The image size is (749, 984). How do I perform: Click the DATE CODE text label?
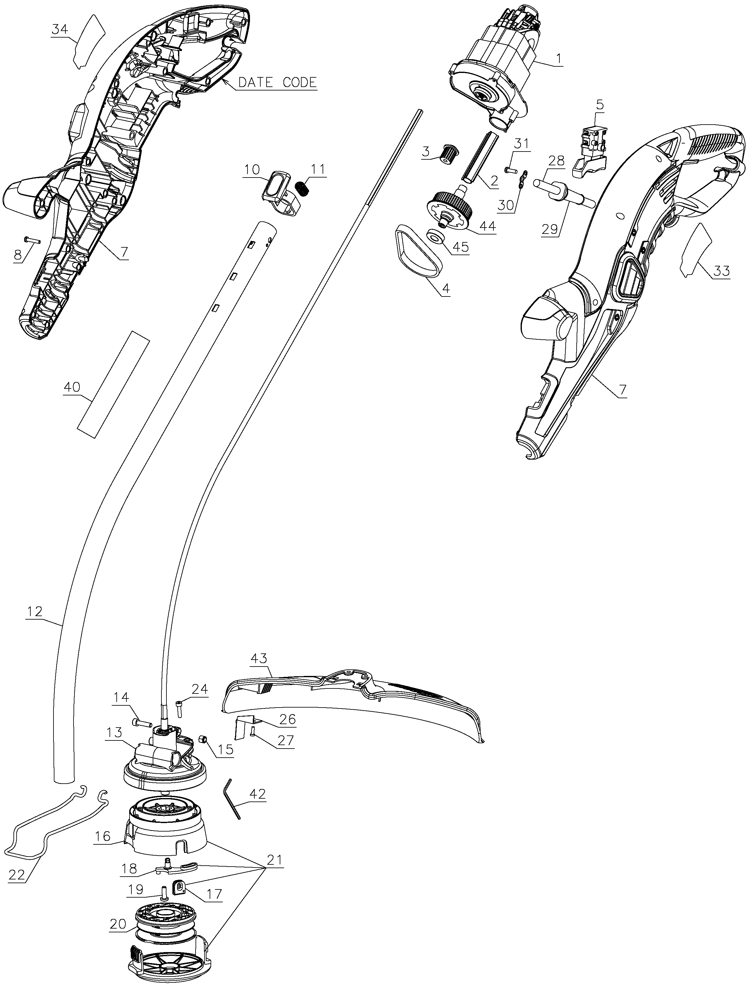click(x=278, y=82)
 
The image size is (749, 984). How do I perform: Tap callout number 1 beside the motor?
click(x=559, y=58)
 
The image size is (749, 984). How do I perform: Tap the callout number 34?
click(x=60, y=29)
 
